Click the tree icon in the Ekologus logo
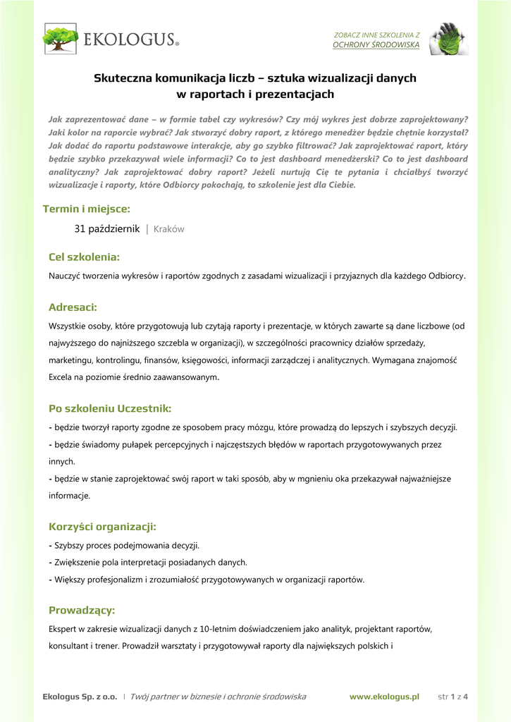61,39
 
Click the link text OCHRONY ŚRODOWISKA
376,44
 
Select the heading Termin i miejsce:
86,209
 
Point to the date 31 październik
107,229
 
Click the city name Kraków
168,229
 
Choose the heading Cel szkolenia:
84,257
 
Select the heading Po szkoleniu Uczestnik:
110,408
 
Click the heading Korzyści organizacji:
102,526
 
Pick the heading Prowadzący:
81,610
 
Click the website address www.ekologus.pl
384,697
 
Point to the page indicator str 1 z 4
453,697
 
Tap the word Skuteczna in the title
123,78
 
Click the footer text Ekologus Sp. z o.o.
80,697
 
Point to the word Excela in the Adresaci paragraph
61,377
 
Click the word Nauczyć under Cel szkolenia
65,276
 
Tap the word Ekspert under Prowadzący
63,628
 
